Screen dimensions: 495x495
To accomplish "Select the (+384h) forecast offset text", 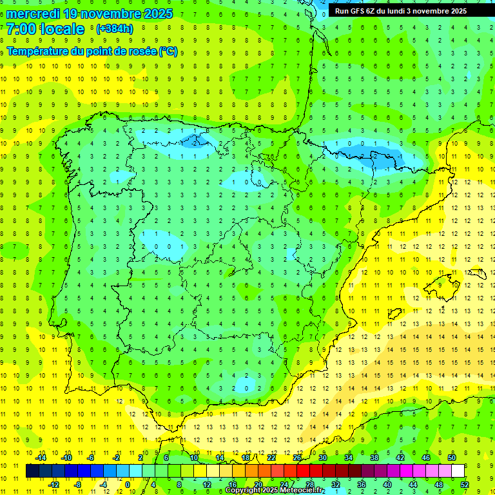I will [x=114, y=29].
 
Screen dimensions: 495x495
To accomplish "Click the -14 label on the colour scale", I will [x=41, y=458].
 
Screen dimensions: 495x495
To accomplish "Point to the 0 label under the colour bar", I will [x=127, y=485].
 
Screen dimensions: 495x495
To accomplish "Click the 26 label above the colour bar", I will [x=297, y=458].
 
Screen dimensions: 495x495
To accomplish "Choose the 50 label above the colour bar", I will [x=452, y=458].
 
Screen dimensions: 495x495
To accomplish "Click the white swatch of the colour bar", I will [x=458, y=471].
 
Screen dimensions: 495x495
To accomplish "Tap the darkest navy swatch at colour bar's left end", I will [x=32, y=471].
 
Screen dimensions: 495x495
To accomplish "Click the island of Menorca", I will [x=475, y=274].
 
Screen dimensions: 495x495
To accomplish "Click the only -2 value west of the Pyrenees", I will [x=195, y=143].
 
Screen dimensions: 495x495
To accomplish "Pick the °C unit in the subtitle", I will [x=168, y=52].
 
